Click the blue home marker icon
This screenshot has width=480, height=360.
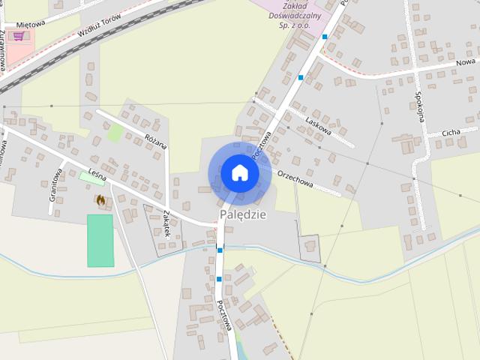pos(239,173)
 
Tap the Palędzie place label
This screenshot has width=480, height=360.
pos(243,215)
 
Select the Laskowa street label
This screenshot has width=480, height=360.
pos(319,120)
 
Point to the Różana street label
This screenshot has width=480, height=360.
pos(156,138)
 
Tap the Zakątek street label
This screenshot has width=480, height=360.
pos(166,223)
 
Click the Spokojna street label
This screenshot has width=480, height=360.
pos(420,106)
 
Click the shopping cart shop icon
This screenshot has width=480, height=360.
pos(18,35)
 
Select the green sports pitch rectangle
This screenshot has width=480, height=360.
pos(100,241)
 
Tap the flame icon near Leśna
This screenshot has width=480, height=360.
pos(100,199)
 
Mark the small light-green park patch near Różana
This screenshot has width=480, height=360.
pos(115,133)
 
